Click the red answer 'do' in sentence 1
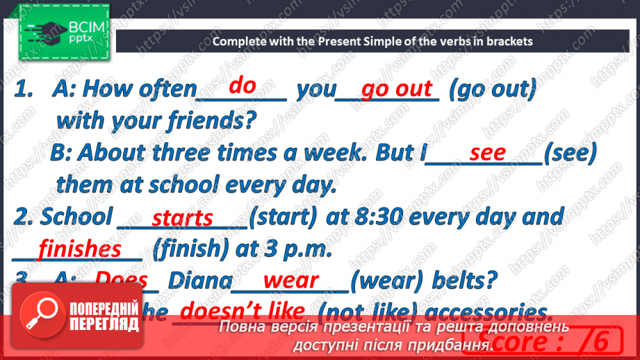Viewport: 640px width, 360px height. click(x=243, y=85)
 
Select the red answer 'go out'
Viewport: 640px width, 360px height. click(x=397, y=89)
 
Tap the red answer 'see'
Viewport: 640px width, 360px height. click(x=488, y=153)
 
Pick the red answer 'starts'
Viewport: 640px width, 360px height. click(x=183, y=218)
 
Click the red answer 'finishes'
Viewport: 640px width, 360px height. click(x=80, y=248)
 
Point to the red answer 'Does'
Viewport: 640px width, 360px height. click(x=121, y=280)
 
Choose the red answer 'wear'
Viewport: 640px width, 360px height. click(x=291, y=280)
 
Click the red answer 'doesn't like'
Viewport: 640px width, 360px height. click(x=243, y=310)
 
